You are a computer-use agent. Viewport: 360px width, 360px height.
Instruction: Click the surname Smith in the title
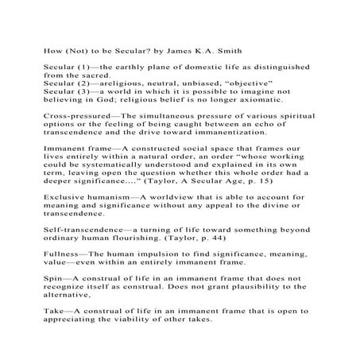coord(206,49)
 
